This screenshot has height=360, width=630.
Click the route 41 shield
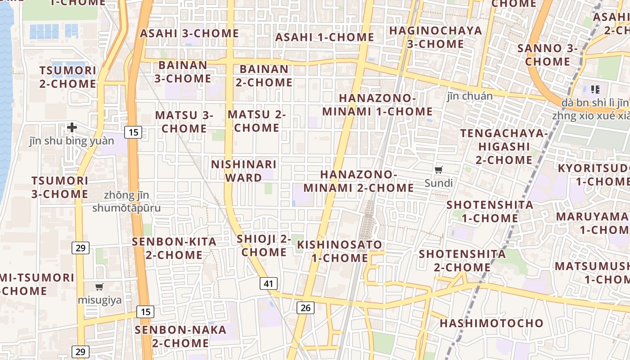click(x=269, y=283)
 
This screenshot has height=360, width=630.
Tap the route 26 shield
click(x=306, y=308)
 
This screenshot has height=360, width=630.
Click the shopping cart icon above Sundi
click(x=439, y=170)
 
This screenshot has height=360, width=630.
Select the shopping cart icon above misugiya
click(x=99, y=287)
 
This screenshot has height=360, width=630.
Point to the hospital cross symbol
click(x=72, y=128)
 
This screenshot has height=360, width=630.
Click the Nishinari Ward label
click(x=244, y=171)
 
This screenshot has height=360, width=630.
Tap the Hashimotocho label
click(x=491, y=323)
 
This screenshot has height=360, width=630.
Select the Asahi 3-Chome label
click(x=189, y=33)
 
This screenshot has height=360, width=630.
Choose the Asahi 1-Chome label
click(x=324, y=37)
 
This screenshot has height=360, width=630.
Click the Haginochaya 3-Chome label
click(x=435, y=37)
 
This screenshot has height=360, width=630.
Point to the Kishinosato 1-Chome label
click(x=340, y=252)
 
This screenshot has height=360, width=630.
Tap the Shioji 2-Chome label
click(x=264, y=245)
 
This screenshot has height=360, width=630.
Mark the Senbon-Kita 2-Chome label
click(x=174, y=248)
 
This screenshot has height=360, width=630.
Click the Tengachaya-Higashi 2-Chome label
click(x=504, y=147)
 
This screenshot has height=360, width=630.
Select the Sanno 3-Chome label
click(x=547, y=54)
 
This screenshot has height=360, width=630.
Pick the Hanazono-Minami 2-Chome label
click(x=359, y=181)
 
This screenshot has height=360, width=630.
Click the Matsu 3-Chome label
click(x=184, y=121)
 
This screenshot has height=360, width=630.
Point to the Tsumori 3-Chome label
click(x=60, y=187)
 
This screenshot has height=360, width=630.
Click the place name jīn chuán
click(x=470, y=96)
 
